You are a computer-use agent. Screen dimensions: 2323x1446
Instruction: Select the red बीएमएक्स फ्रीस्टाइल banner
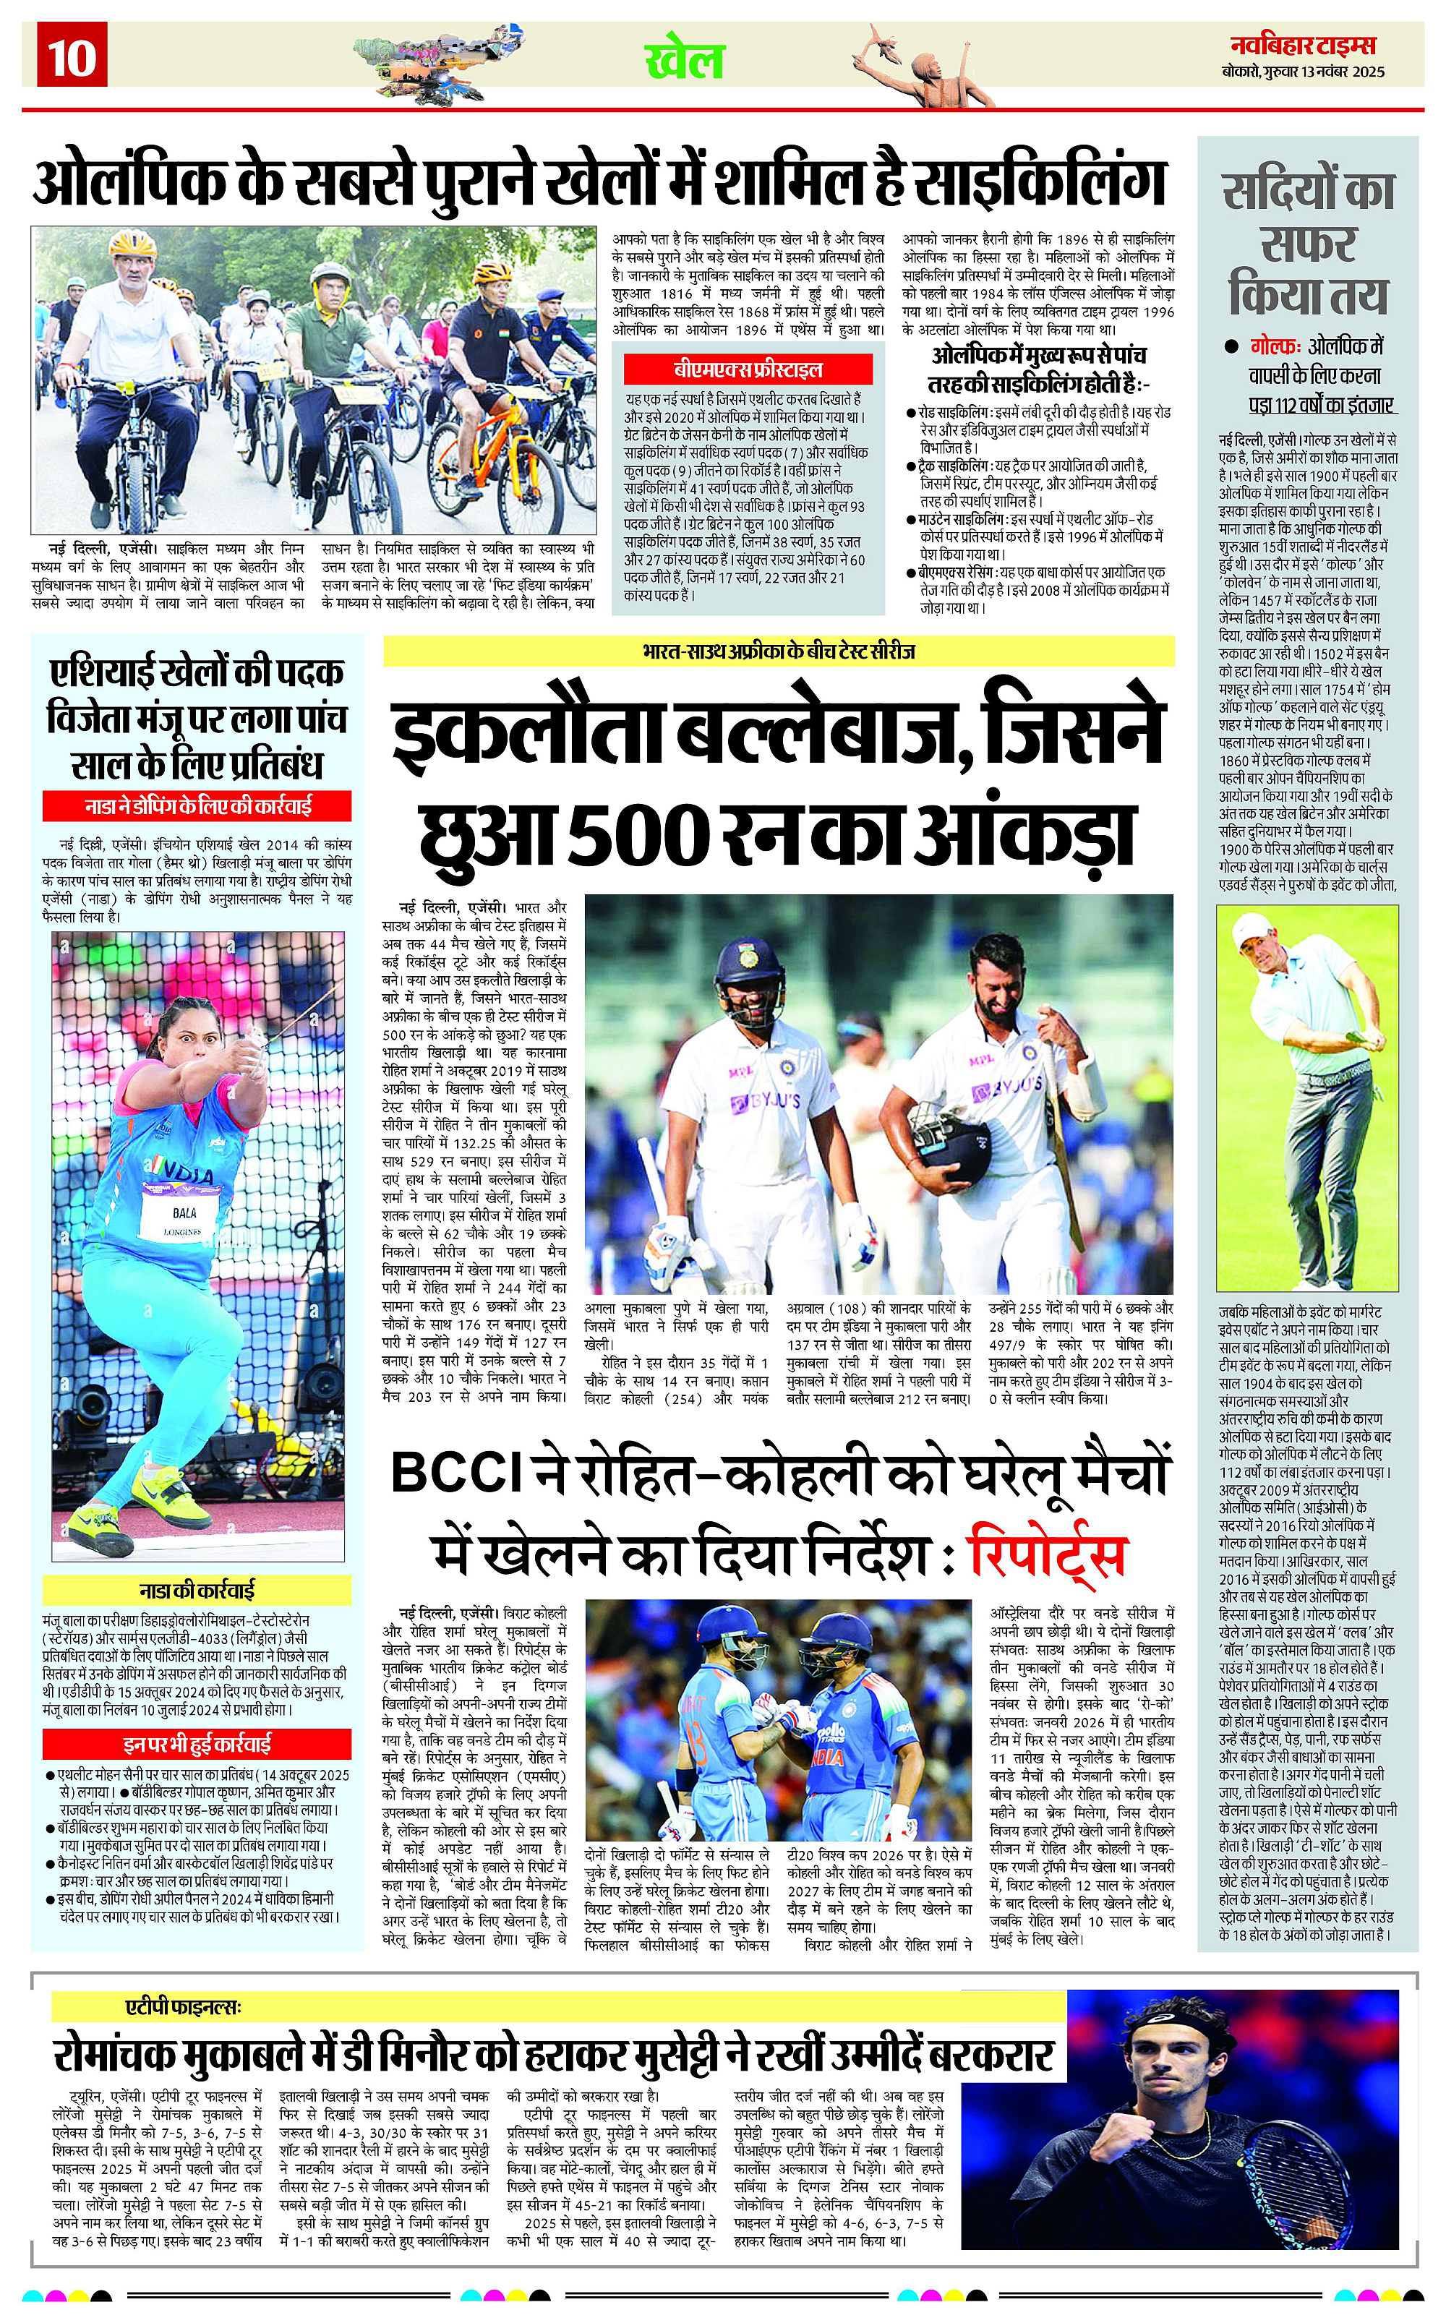pyautogui.click(x=748, y=369)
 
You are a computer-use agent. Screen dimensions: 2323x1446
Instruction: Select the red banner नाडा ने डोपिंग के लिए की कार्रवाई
pyautogui.click(x=197, y=806)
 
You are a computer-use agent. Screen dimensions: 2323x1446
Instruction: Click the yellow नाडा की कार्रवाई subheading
pyautogui.click(x=197, y=1591)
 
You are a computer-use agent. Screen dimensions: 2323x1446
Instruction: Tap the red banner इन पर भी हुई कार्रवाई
pyautogui.click(x=197, y=1742)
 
